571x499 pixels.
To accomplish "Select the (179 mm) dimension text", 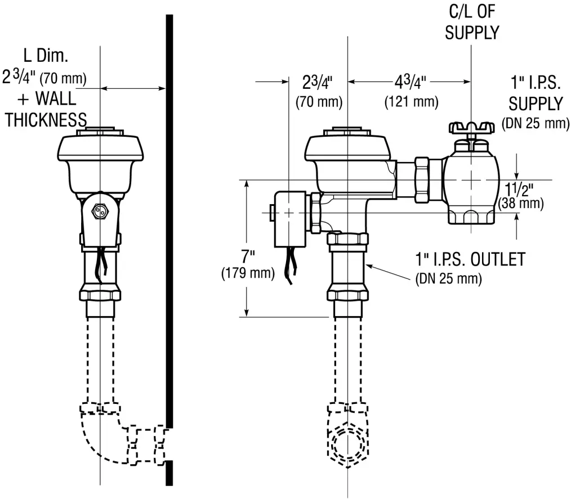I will [247, 274].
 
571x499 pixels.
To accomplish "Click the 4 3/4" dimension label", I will [410, 83].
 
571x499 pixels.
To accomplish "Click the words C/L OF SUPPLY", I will [472, 23].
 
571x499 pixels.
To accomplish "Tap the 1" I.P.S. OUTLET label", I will [470, 259].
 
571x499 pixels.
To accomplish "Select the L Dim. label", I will [46, 56].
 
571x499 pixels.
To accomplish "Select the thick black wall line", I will [169, 225].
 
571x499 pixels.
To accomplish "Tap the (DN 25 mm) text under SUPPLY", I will [535, 124].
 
